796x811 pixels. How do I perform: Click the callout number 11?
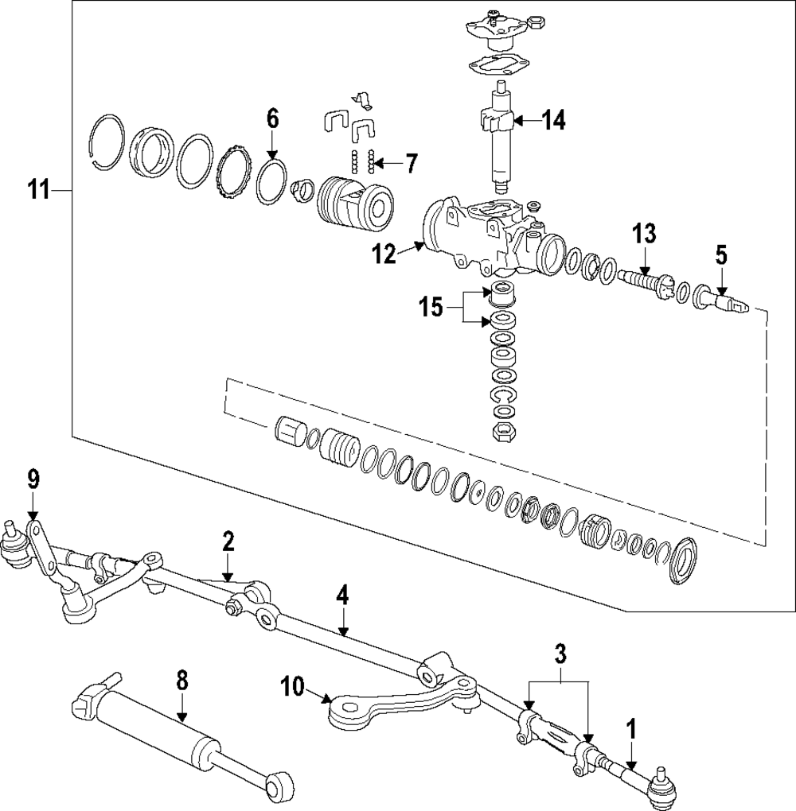[39, 190]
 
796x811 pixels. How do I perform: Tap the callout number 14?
[554, 121]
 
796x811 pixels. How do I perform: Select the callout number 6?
[272, 119]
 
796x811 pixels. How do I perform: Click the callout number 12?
[384, 255]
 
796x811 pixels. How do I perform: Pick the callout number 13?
[644, 234]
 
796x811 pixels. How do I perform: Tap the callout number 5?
[722, 255]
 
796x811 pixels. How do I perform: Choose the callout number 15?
[431, 308]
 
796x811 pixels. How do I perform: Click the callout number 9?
[33, 479]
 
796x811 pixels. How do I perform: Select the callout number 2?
[228, 541]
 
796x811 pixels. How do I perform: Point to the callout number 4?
[341, 596]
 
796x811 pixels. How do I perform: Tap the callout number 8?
[181, 681]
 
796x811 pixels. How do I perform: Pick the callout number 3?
[560, 654]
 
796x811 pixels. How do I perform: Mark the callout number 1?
[631, 731]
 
